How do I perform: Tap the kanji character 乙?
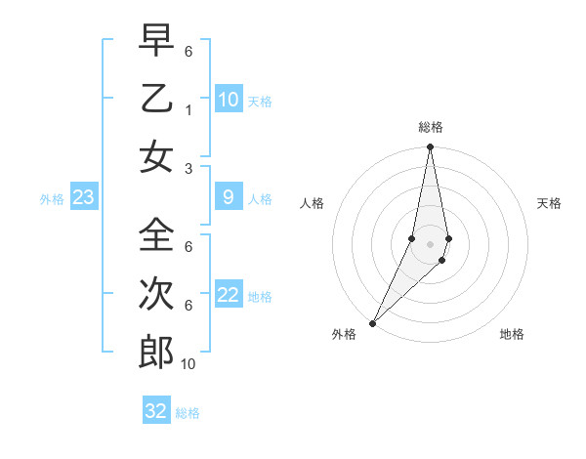point(156,99)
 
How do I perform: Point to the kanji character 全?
point(156,234)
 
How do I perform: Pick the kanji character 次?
point(156,293)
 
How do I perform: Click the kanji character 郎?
point(156,352)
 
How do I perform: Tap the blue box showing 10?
point(228,100)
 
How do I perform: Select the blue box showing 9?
point(228,198)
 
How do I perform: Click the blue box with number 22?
point(228,296)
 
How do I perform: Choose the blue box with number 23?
point(84,198)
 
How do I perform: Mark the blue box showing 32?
point(156,411)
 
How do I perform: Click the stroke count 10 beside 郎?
point(188,364)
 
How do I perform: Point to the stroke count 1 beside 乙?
point(188,110)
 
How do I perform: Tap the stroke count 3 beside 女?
point(188,168)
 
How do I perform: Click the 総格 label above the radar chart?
point(431,127)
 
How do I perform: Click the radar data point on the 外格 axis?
point(373,322)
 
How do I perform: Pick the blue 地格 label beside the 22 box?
point(261,297)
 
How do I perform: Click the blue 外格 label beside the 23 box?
point(52,199)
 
